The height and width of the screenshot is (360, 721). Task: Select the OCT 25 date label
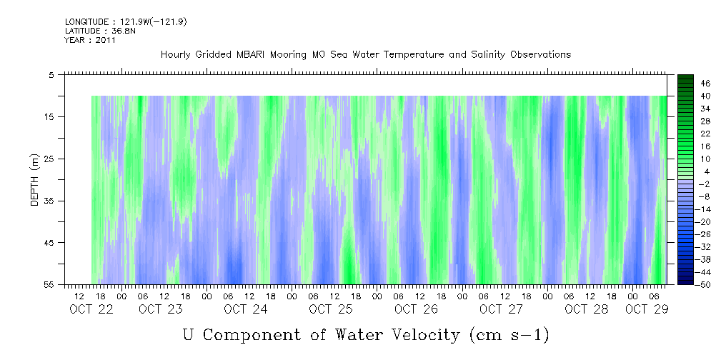[330, 309]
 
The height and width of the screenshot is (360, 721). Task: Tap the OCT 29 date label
[647, 309]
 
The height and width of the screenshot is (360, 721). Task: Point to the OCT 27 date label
[501, 309]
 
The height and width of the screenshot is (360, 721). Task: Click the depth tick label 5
[51, 75]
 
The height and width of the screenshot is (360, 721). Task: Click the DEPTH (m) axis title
[34, 182]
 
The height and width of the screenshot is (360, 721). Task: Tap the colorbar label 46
[685, 84]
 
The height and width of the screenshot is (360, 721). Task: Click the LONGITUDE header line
[126, 22]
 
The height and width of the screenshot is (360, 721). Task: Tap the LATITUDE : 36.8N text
[95, 31]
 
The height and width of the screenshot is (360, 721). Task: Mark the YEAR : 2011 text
[90, 40]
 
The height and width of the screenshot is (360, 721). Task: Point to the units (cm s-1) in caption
[508, 334]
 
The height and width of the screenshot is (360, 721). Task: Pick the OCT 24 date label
[245, 309]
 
